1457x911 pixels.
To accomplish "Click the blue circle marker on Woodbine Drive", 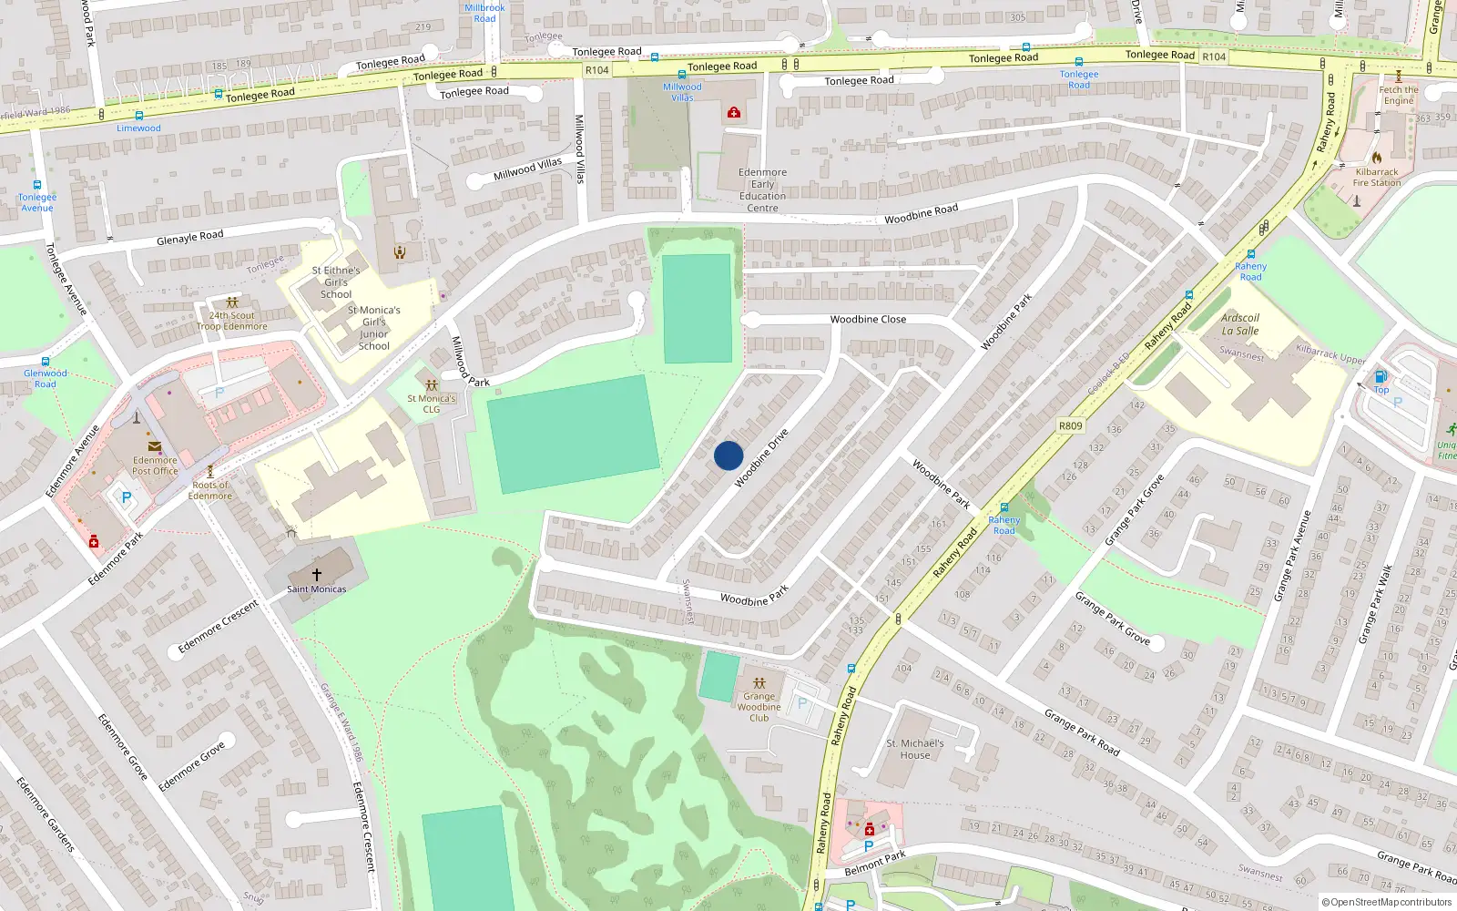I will pyautogui.click(x=728, y=455).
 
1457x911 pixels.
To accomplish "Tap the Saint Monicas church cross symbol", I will pyautogui.click(x=317, y=575).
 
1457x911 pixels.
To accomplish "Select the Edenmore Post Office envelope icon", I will pyautogui.click(x=155, y=447).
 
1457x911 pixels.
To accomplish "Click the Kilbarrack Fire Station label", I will pyautogui.click(x=1377, y=177).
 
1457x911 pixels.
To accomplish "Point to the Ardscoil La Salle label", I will pyautogui.click(x=1240, y=324).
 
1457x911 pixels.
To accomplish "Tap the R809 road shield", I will pyautogui.click(x=1071, y=425).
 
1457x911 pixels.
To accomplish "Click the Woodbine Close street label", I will pyautogui.click(x=868, y=320).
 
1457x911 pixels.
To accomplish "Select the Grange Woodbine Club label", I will pyautogui.click(x=759, y=707).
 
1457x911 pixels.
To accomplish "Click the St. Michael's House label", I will pyautogui.click(x=915, y=749).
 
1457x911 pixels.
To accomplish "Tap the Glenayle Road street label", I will pyautogui.click(x=189, y=238).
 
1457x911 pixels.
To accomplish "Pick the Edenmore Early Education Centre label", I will pyautogui.click(x=762, y=189).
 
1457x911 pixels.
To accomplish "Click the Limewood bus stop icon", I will pyautogui.click(x=138, y=116).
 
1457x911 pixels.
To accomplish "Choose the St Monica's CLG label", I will pyautogui.click(x=432, y=404).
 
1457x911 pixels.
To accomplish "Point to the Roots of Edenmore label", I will pyautogui.click(x=210, y=490).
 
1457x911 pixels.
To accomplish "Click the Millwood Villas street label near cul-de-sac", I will pyautogui.click(x=527, y=169).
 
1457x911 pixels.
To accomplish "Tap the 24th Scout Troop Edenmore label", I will pyautogui.click(x=232, y=321).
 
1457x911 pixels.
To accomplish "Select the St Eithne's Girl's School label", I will pyautogui.click(x=336, y=282).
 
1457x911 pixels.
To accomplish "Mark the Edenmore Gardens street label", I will pyautogui.click(x=46, y=814).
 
